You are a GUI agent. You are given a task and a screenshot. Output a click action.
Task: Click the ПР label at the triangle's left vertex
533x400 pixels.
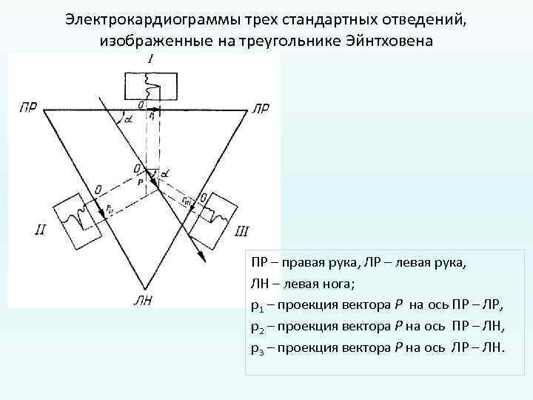pyautogui.click(x=29, y=108)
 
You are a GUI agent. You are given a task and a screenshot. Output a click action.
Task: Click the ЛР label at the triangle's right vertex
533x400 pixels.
pyautogui.click(x=261, y=108)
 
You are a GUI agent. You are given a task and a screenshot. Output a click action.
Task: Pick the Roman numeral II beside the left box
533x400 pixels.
pyautogui.click(x=42, y=230)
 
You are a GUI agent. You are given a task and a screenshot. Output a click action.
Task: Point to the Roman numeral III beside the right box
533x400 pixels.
pyautogui.click(x=241, y=231)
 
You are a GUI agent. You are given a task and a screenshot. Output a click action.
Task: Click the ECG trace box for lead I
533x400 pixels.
pyautogui.click(x=150, y=87)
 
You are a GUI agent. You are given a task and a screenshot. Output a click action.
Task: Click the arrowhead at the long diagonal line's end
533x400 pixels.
pyautogui.click(x=202, y=256)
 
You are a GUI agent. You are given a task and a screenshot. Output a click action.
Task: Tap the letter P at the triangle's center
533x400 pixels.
pyautogui.click(x=140, y=180)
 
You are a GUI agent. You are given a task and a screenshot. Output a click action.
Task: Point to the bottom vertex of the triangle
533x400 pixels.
pyautogui.click(x=143, y=286)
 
